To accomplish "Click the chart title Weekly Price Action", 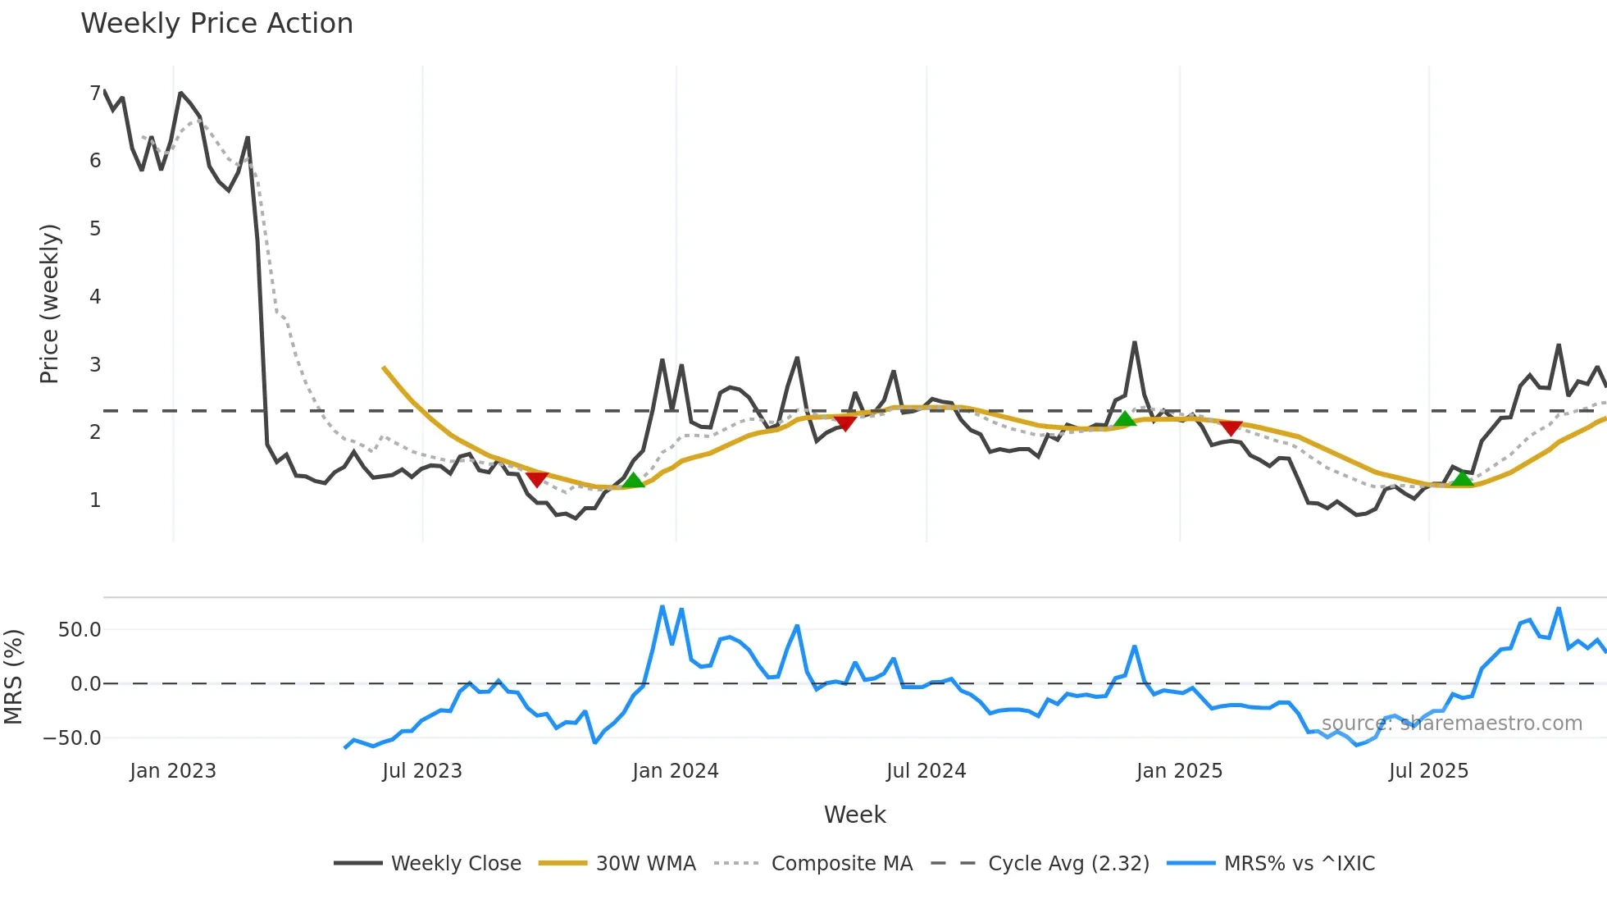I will tap(216, 24).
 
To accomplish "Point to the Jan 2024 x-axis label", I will tap(676, 771).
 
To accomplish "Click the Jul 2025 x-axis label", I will tap(1428, 771).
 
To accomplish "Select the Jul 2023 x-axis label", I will tap(422, 771).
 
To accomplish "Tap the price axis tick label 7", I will tap(95, 93).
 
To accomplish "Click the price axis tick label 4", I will tap(95, 296).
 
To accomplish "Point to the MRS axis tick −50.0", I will tap(72, 737).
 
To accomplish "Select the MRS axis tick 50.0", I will tap(79, 630).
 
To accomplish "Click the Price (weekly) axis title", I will tap(49, 304).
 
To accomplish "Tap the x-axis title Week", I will tap(854, 815).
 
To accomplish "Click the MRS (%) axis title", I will tap(13, 677).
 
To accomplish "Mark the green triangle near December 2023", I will tap(633, 481).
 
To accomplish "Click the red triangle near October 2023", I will tap(537, 479).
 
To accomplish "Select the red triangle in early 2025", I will tap(1231, 427).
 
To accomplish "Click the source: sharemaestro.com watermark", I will tap(1451, 724).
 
